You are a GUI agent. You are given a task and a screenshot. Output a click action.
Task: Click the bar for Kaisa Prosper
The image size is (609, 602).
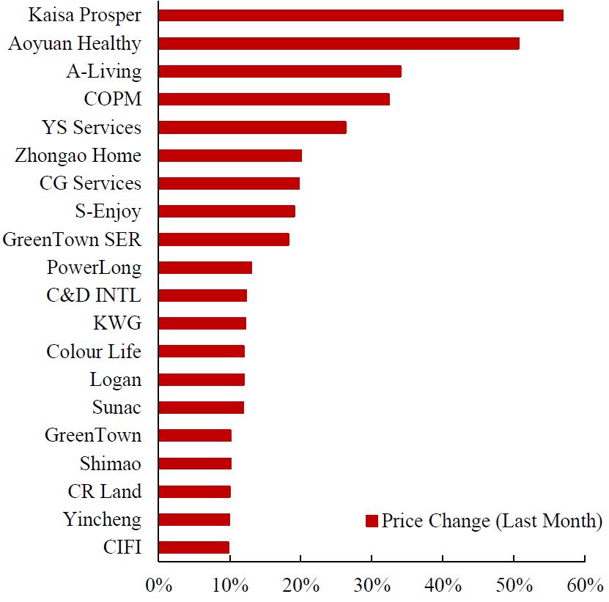[x=361, y=15]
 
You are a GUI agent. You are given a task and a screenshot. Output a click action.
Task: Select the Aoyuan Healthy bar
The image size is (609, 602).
[x=339, y=43]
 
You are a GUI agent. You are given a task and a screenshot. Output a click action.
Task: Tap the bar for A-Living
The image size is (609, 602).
[x=279, y=71]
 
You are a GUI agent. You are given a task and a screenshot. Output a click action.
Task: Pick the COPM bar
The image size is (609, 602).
[x=273, y=100]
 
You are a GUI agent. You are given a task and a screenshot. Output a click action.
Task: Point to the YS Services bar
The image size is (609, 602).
[x=252, y=127]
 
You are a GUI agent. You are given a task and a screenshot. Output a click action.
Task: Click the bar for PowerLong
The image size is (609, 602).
[x=204, y=267]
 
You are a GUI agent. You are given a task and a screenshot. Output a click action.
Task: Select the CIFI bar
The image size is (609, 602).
[x=193, y=547]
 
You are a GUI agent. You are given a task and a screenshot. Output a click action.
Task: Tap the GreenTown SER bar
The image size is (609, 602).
[x=224, y=239]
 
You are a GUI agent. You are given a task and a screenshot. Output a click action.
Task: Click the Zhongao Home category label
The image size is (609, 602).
[x=78, y=155]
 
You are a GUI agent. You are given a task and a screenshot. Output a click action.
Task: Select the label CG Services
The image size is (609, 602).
[x=90, y=183]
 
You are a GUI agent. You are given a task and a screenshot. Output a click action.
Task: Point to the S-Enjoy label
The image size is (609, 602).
[x=108, y=212]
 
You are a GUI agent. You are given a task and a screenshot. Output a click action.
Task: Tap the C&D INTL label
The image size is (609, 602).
[x=93, y=296]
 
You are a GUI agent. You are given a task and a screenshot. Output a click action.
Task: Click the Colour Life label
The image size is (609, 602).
[x=93, y=352]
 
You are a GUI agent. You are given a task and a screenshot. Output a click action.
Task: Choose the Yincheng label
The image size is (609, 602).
[x=101, y=520]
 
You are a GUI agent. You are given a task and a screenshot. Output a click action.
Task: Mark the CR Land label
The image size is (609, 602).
[x=104, y=491]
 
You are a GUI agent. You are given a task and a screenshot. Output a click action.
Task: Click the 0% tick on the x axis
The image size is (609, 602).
[x=158, y=585]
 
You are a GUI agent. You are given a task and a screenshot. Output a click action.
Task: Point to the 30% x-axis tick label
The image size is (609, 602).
[x=372, y=585]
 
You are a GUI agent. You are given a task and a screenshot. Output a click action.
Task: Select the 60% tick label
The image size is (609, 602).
[x=584, y=585]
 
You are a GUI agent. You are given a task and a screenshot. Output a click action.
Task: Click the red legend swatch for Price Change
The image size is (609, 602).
[x=372, y=521]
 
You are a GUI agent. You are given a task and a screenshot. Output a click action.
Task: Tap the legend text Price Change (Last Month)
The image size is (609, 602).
[x=491, y=521]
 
